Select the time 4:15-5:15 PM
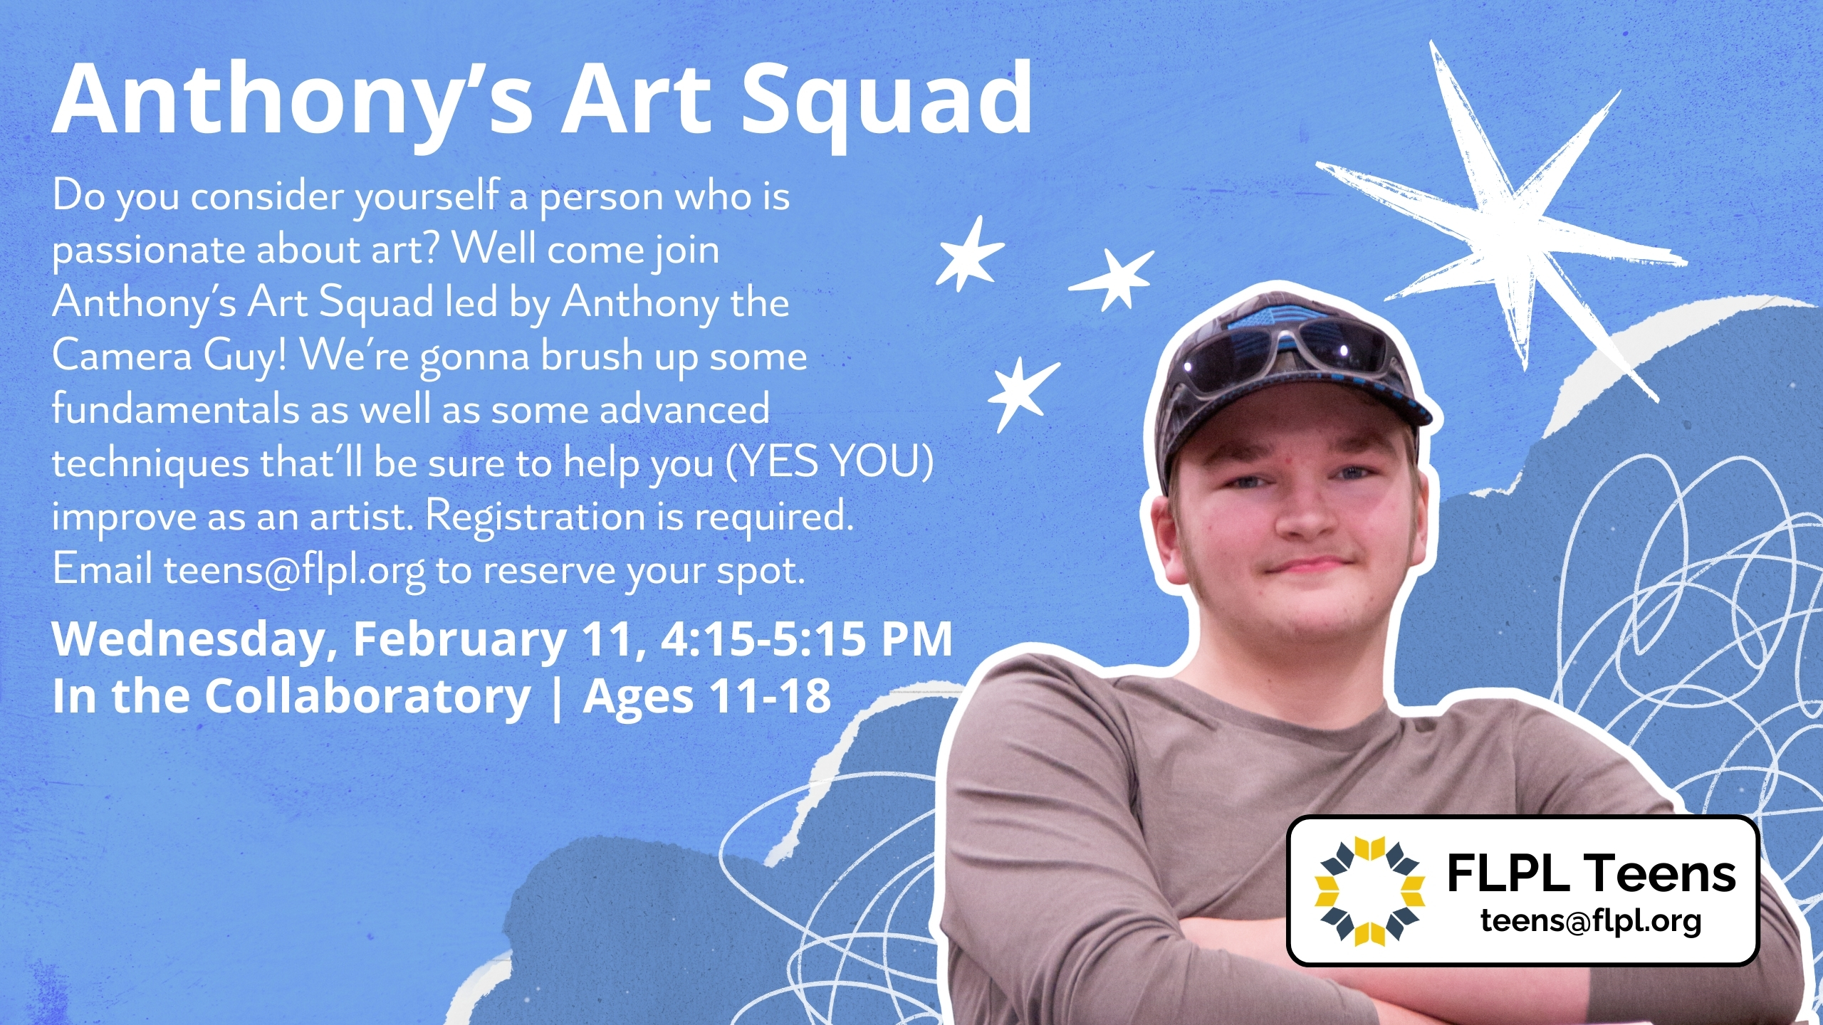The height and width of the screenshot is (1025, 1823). click(806, 638)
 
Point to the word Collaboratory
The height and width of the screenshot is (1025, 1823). click(367, 695)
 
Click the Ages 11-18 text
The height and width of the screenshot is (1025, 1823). click(707, 696)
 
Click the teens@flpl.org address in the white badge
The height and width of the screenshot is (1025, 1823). click(1591, 921)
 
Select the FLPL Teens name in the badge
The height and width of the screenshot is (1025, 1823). click(1592, 873)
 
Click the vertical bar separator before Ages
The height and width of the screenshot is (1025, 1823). click(556, 698)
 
